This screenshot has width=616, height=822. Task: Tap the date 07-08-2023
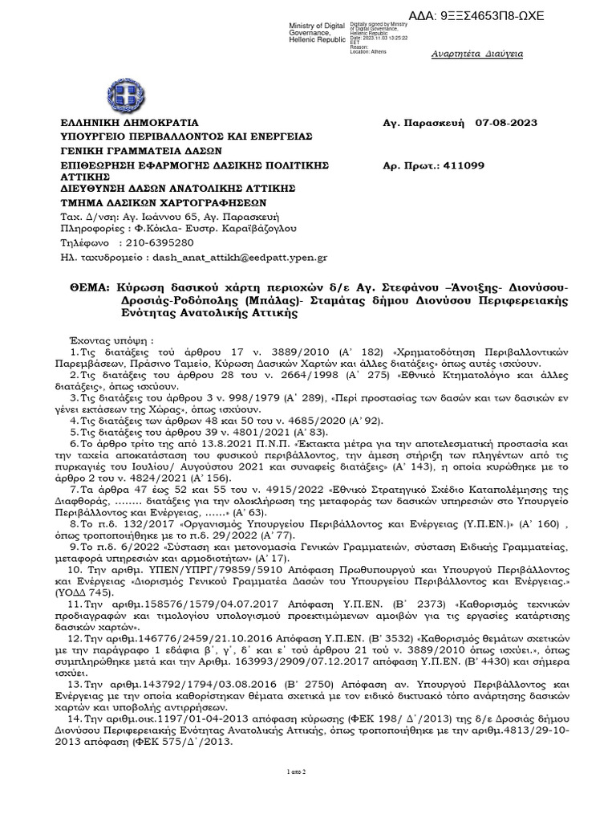(506, 123)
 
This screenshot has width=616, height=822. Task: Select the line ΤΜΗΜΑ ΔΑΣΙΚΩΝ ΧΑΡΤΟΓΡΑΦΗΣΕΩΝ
(164, 201)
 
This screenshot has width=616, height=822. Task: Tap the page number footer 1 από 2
(308, 771)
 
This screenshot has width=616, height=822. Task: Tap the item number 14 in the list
(75, 716)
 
